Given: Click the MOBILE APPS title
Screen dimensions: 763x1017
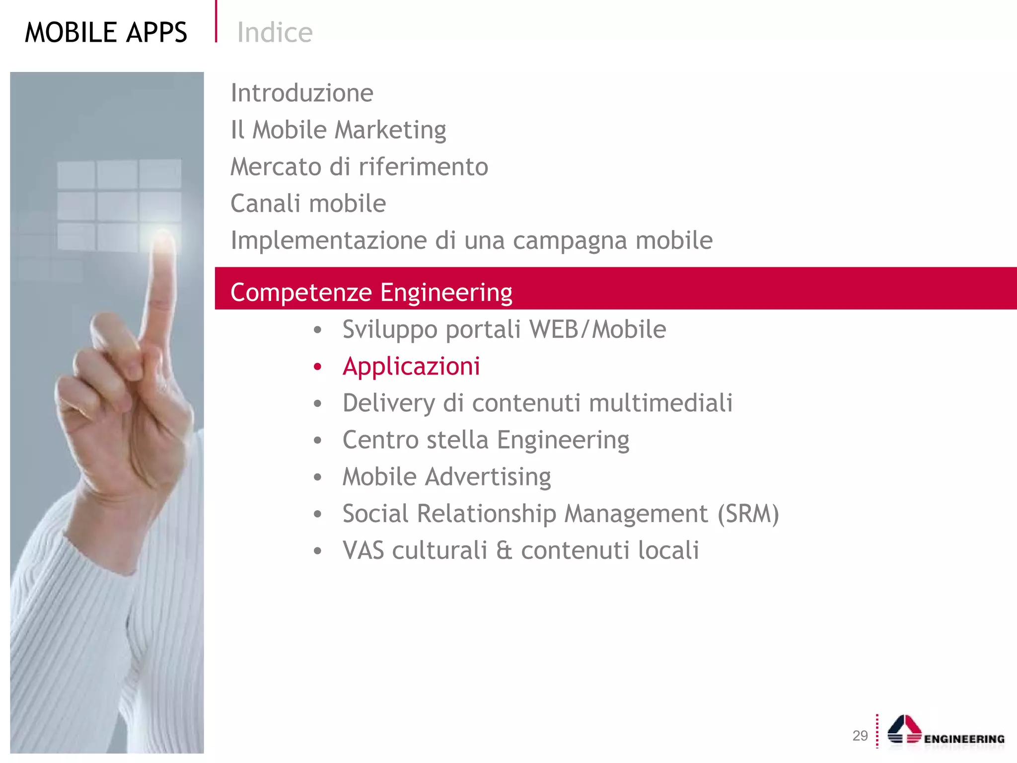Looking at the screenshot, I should pyautogui.click(x=106, y=33).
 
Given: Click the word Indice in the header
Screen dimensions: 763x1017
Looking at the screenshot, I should pyautogui.click(x=275, y=33).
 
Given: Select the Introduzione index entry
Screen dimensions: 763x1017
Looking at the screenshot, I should pyautogui.click(x=302, y=93).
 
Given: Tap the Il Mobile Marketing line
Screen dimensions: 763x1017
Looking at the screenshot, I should pyautogui.click(x=338, y=130).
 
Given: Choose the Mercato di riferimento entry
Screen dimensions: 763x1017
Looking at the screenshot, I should pyautogui.click(x=359, y=167).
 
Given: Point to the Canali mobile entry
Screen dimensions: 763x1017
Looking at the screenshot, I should pyautogui.click(x=308, y=204).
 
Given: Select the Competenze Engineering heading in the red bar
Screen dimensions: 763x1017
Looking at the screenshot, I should pyautogui.click(x=371, y=292).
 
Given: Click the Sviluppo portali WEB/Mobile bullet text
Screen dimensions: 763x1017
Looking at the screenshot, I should pyautogui.click(x=504, y=329).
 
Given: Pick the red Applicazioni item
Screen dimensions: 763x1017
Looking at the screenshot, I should pyautogui.click(x=411, y=367).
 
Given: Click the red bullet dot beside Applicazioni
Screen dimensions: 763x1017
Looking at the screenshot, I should pyautogui.click(x=318, y=367).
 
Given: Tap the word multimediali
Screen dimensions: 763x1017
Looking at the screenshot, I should pyautogui.click(x=660, y=403).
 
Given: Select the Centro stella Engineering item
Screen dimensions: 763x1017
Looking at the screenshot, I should pyautogui.click(x=486, y=440).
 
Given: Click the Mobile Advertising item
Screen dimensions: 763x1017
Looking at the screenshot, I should pyautogui.click(x=446, y=477).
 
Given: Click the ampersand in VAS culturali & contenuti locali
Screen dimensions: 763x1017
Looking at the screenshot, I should pyautogui.click(x=504, y=551).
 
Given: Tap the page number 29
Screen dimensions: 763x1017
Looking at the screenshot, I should pyautogui.click(x=860, y=736).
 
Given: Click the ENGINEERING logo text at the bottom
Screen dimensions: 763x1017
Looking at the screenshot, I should pyautogui.click(x=964, y=739).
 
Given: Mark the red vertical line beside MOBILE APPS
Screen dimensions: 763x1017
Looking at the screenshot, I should pyautogui.click(x=216, y=21).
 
